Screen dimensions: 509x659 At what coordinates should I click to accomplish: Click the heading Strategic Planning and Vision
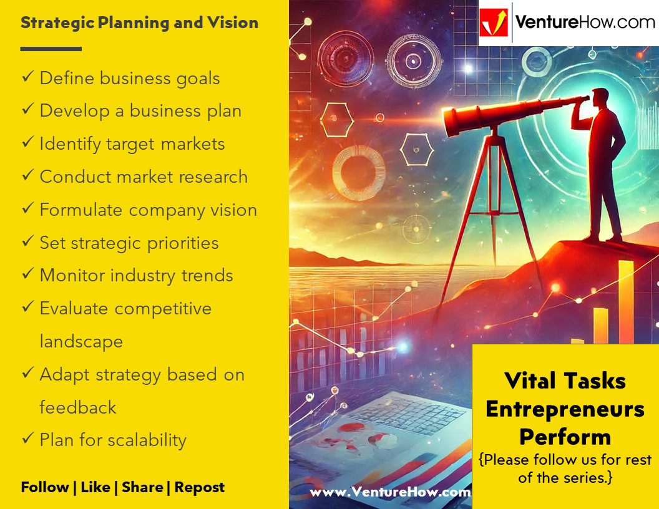click(139, 23)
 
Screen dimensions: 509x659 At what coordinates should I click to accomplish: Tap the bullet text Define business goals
click(130, 79)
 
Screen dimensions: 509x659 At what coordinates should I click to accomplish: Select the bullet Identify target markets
click(132, 144)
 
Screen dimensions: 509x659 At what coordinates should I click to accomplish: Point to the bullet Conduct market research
click(144, 177)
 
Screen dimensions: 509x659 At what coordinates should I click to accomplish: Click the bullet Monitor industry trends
click(136, 276)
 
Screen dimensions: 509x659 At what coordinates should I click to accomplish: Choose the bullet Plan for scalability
click(113, 440)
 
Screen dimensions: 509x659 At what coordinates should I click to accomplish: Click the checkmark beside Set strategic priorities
click(27, 242)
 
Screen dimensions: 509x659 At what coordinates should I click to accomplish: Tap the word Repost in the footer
click(199, 488)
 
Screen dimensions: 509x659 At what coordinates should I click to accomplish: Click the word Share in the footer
click(142, 488)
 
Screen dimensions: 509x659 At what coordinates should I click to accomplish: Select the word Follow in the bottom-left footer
click(44, 488)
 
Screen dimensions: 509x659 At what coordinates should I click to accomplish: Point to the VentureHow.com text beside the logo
click(585, 23)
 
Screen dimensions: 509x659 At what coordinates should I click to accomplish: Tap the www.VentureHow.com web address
click(390, 492)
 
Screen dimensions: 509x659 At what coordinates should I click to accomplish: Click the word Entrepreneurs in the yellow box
click(565, 409)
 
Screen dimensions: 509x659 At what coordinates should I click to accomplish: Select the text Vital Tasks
click(565, 381)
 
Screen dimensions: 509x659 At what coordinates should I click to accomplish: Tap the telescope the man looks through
click(512, 115)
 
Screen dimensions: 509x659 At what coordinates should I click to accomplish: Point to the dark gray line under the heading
click(51, 49)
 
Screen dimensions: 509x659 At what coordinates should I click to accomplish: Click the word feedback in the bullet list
click(78, 407)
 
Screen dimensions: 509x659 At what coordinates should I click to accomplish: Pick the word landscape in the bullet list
click(81, 342)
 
